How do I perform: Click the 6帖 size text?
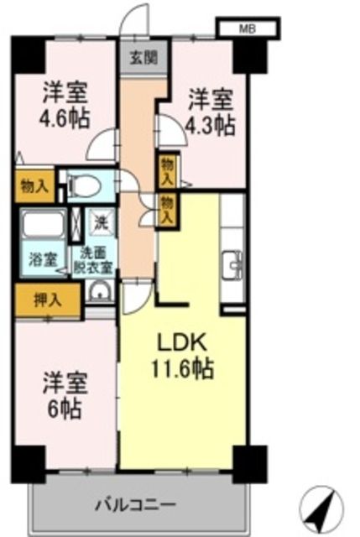pyautogui.click(x=65, y=409)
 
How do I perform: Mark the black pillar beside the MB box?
pyautogui.click(x=247, y=54)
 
